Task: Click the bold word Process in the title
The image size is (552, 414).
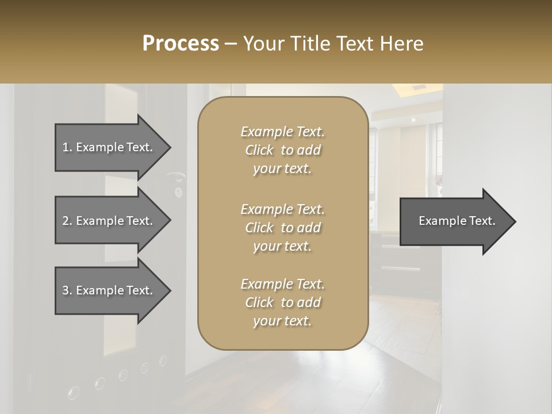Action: point(181,44)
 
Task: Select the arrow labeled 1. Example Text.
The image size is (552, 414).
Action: point(109,147)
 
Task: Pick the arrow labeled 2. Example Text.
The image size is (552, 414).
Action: point(109,221)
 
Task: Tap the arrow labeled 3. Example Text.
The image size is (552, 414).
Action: point(109,290)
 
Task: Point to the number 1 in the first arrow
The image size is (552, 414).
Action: point(66,147)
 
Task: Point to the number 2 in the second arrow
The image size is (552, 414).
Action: point(66,221)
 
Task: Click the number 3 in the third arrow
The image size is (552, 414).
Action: point(66,290)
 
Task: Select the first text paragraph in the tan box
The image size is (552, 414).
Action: point(282,150)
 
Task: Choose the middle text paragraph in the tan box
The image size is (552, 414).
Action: point(282,228)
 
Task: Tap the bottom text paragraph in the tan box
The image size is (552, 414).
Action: point(282,302)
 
